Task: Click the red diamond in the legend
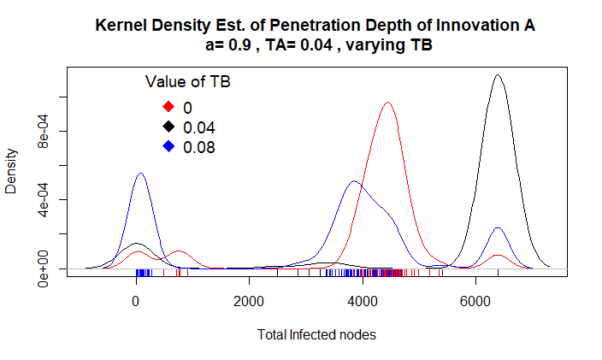tap(168, 107)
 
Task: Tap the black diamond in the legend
tap(168, 127)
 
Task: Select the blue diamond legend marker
tap(168, 147)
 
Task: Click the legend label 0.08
tap(198, 147)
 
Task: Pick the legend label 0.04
tap(198, 127)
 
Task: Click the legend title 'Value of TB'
tap(187, 82)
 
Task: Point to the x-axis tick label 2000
tap(249, 301)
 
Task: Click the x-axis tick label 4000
tap(363, 301)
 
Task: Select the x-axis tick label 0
tap(135, 301)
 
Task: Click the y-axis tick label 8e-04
tap(42, 131)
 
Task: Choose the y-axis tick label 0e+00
tap(42, 269)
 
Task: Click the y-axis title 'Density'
tap(12, 171)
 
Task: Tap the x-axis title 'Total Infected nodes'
tap(316, 334)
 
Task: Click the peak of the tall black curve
tap(497, 75)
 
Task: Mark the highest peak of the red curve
tap(387, 103)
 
